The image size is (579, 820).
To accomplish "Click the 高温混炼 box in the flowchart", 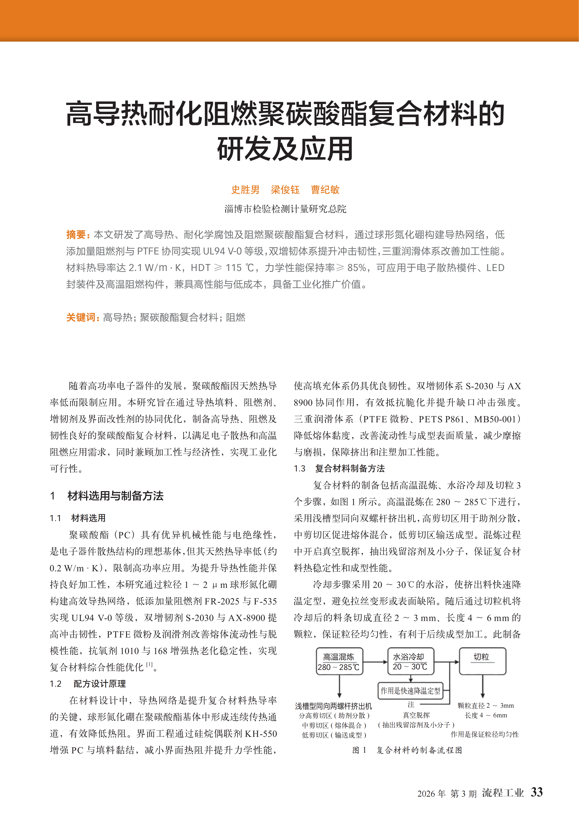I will tap(339, 662).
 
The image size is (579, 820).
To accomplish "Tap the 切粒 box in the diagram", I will tap(482, 662).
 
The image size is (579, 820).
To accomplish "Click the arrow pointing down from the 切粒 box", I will tap(483, 686).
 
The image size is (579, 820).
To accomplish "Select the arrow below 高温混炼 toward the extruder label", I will tap(339, 686).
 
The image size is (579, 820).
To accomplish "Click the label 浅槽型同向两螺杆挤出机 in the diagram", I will tap(333, 706).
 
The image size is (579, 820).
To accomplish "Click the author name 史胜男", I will tap(245, 190).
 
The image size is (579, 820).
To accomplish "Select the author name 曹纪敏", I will tap(325, 190).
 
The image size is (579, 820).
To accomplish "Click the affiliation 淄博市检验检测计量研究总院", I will tap(285, 209).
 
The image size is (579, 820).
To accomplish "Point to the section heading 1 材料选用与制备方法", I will tap(107, 496).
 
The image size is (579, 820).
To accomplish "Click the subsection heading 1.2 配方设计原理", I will tap(88, 684).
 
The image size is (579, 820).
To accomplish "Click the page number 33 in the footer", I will tap(537, 792).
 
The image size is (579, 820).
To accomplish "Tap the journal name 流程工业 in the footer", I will tap(503, 793).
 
